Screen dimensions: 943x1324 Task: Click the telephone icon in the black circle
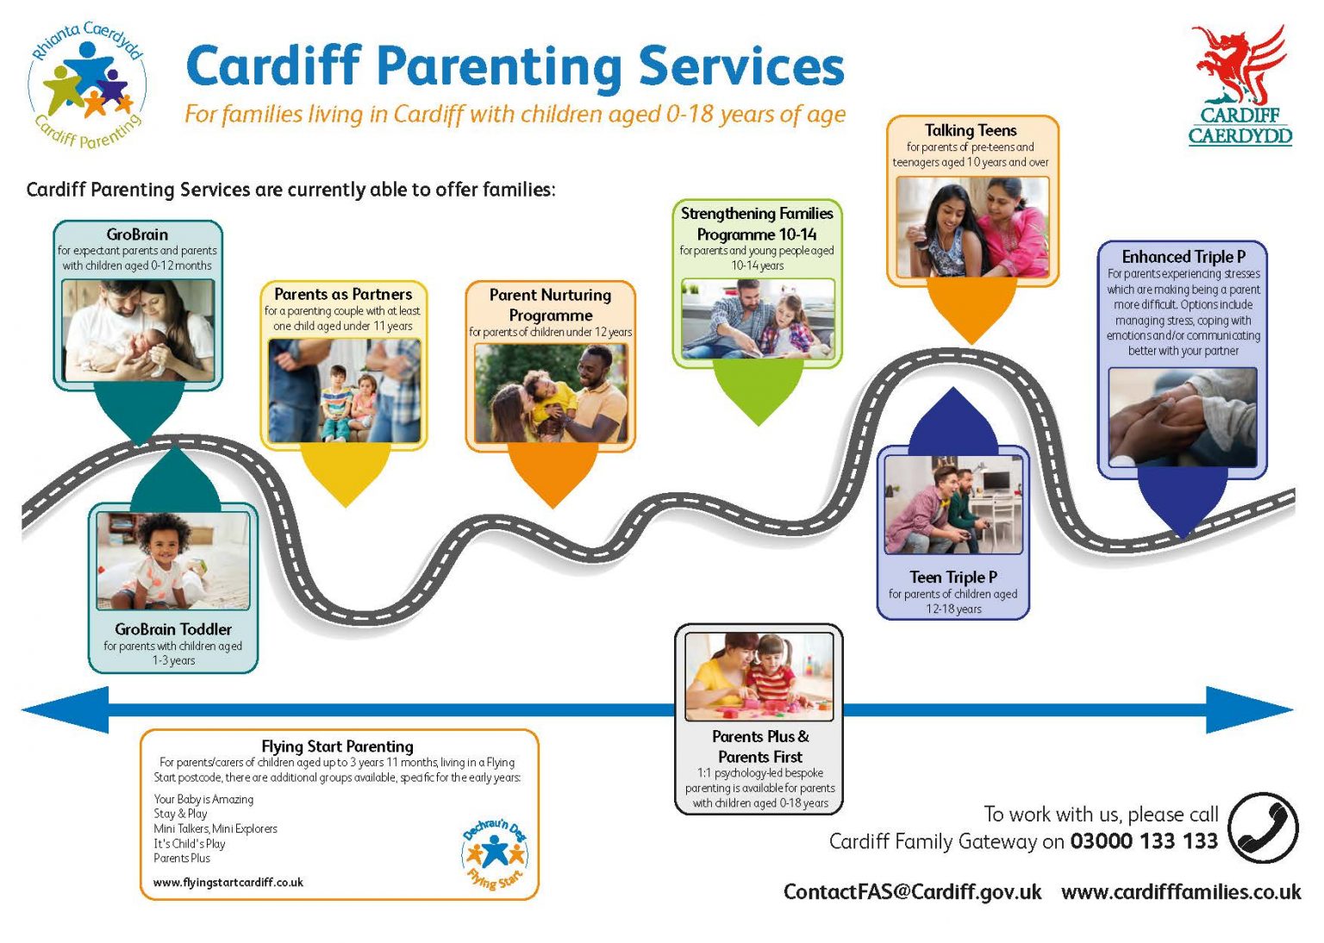[x=1263, y=827]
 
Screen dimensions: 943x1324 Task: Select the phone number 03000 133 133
[x=1143, y=841]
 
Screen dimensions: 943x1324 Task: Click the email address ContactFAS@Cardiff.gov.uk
[x=912, y=891]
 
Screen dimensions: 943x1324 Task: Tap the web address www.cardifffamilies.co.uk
[x=1181, y=891]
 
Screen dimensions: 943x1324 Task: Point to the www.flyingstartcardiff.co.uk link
[x=228, y=882]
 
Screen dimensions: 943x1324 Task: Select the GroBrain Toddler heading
[x=173, y=629]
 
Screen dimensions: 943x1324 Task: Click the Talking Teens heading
[x=971, y=130]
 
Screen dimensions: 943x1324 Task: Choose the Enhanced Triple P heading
[x=1183, y=257]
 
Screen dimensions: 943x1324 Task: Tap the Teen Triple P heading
[x=952, y=577]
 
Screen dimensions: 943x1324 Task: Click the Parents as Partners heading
[x=343, y=294]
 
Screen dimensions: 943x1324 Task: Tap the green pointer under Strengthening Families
[x=759, y=392]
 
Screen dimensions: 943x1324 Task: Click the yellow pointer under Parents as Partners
[x=344, y=474]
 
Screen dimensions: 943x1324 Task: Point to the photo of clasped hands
[x=1182, y=417]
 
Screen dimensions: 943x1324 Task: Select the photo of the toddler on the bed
[x=173, y=560]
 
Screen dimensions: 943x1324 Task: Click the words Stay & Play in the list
[x=180, y=813]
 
